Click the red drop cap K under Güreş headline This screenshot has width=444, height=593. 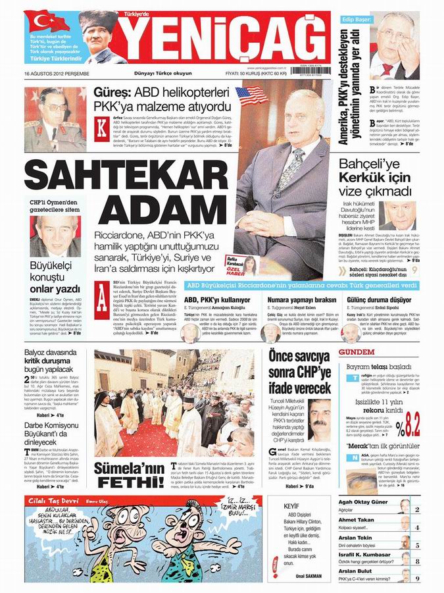point(101,126)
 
